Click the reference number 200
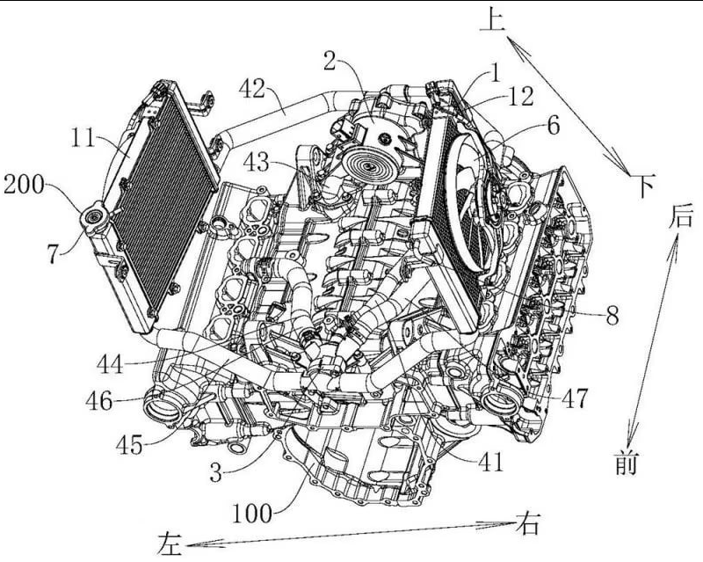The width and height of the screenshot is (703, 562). (x=25, y=185)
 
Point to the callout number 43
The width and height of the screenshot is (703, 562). (x=257, y=162)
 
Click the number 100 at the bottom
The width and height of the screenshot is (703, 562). (x=252, y=513)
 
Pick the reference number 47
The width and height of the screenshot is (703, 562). (x=574, y=398)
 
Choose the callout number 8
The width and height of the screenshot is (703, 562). (x=612, y=315)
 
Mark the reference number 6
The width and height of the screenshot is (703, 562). (x=554, y=125)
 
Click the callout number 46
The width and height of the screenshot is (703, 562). (x=99, y=401)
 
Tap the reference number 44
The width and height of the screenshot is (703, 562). (x=110, y=364)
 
